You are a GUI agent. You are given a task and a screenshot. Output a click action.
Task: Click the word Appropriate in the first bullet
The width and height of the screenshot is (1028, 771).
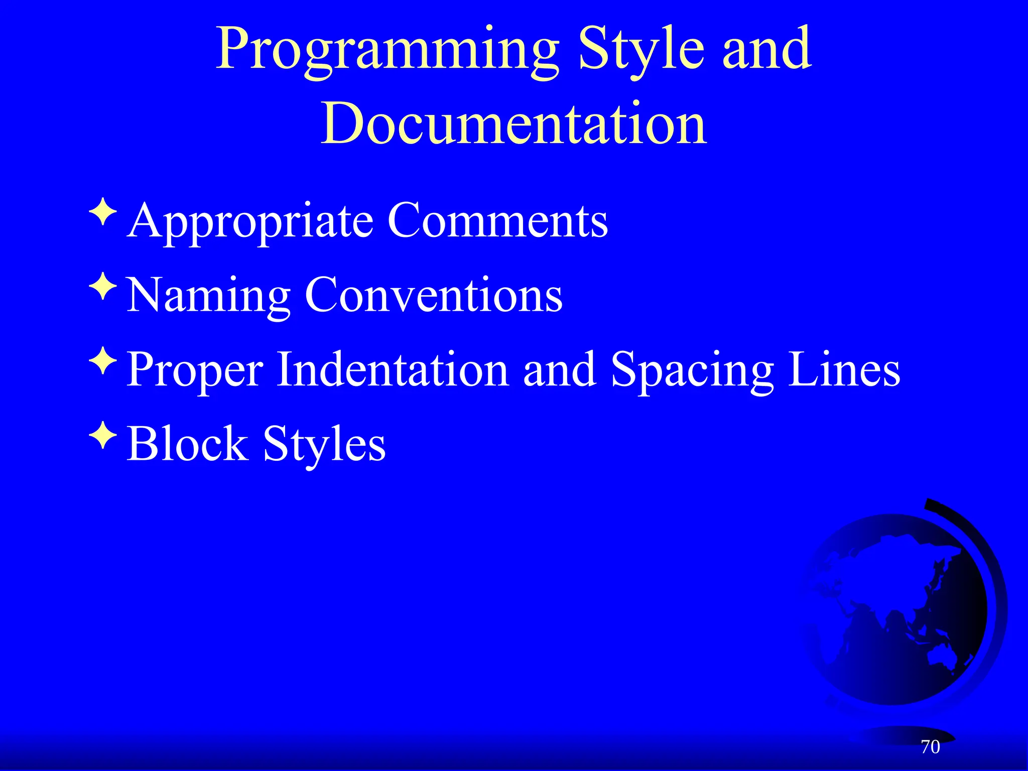coord(250,221)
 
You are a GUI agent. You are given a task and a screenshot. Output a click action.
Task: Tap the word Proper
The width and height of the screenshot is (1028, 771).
coord(195,370)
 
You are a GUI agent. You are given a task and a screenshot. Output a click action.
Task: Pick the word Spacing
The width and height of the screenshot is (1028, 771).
coord(692,370)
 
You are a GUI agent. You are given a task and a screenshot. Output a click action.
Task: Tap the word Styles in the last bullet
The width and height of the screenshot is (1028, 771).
coord(324,444)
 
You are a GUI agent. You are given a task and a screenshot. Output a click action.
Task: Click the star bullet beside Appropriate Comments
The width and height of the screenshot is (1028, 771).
coord(103,211)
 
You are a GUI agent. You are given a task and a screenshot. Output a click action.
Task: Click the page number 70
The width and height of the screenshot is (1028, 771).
coord(930,747)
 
